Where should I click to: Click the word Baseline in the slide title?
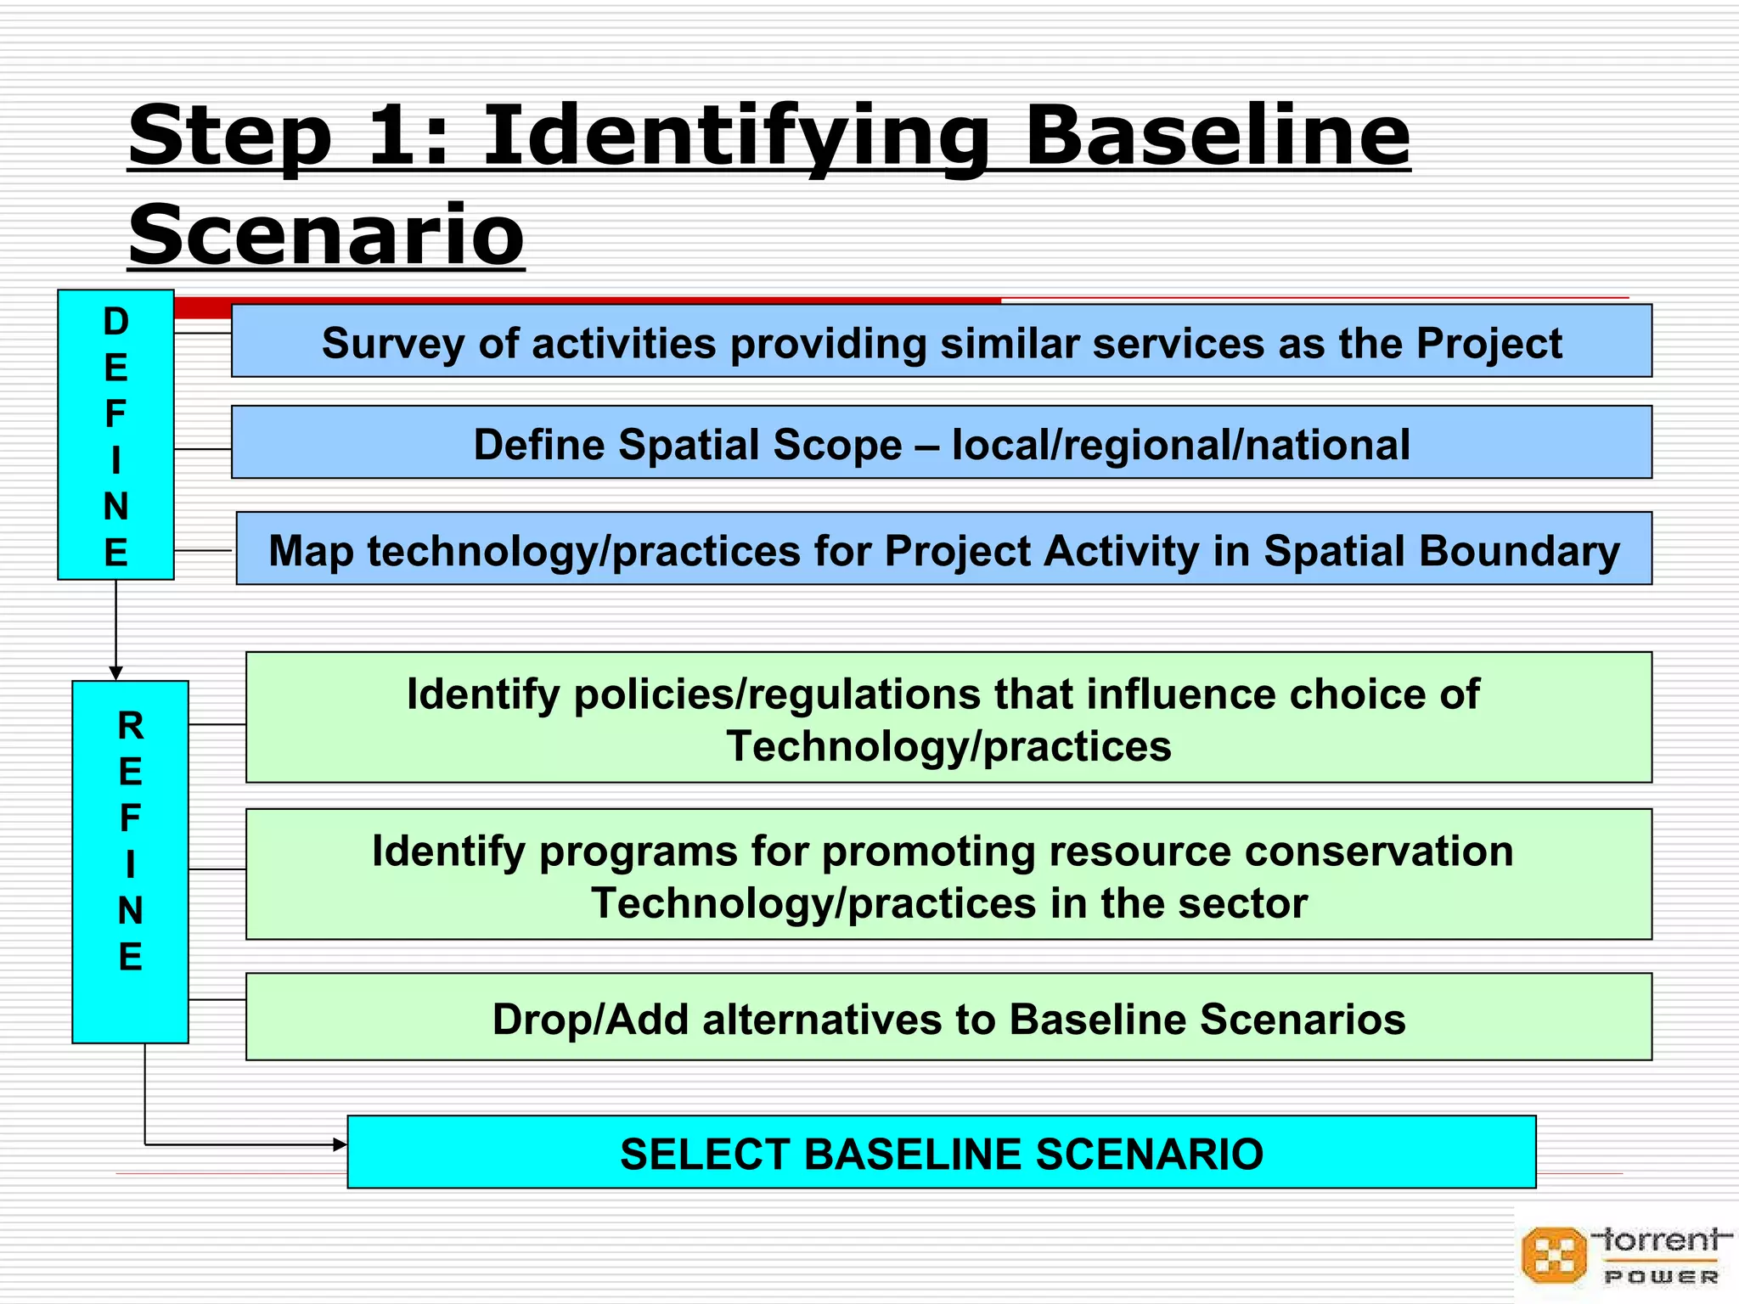(1217, 136)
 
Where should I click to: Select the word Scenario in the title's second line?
(326, 235)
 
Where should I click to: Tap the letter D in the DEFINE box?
(116, 322)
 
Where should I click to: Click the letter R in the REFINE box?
(131, 726)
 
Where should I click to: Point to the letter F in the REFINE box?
(130, 818)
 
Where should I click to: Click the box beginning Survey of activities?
(941, 341)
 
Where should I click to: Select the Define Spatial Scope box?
(941, 442)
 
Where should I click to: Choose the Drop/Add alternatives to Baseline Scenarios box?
(948, 1017)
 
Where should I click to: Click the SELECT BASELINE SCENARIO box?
(941, 1152)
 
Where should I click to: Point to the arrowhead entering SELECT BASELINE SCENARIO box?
(340, 1145)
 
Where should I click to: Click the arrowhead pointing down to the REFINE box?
(116, 673)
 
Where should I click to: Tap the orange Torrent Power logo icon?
(1553, 1255)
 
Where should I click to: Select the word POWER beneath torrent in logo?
(1660, 1277)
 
